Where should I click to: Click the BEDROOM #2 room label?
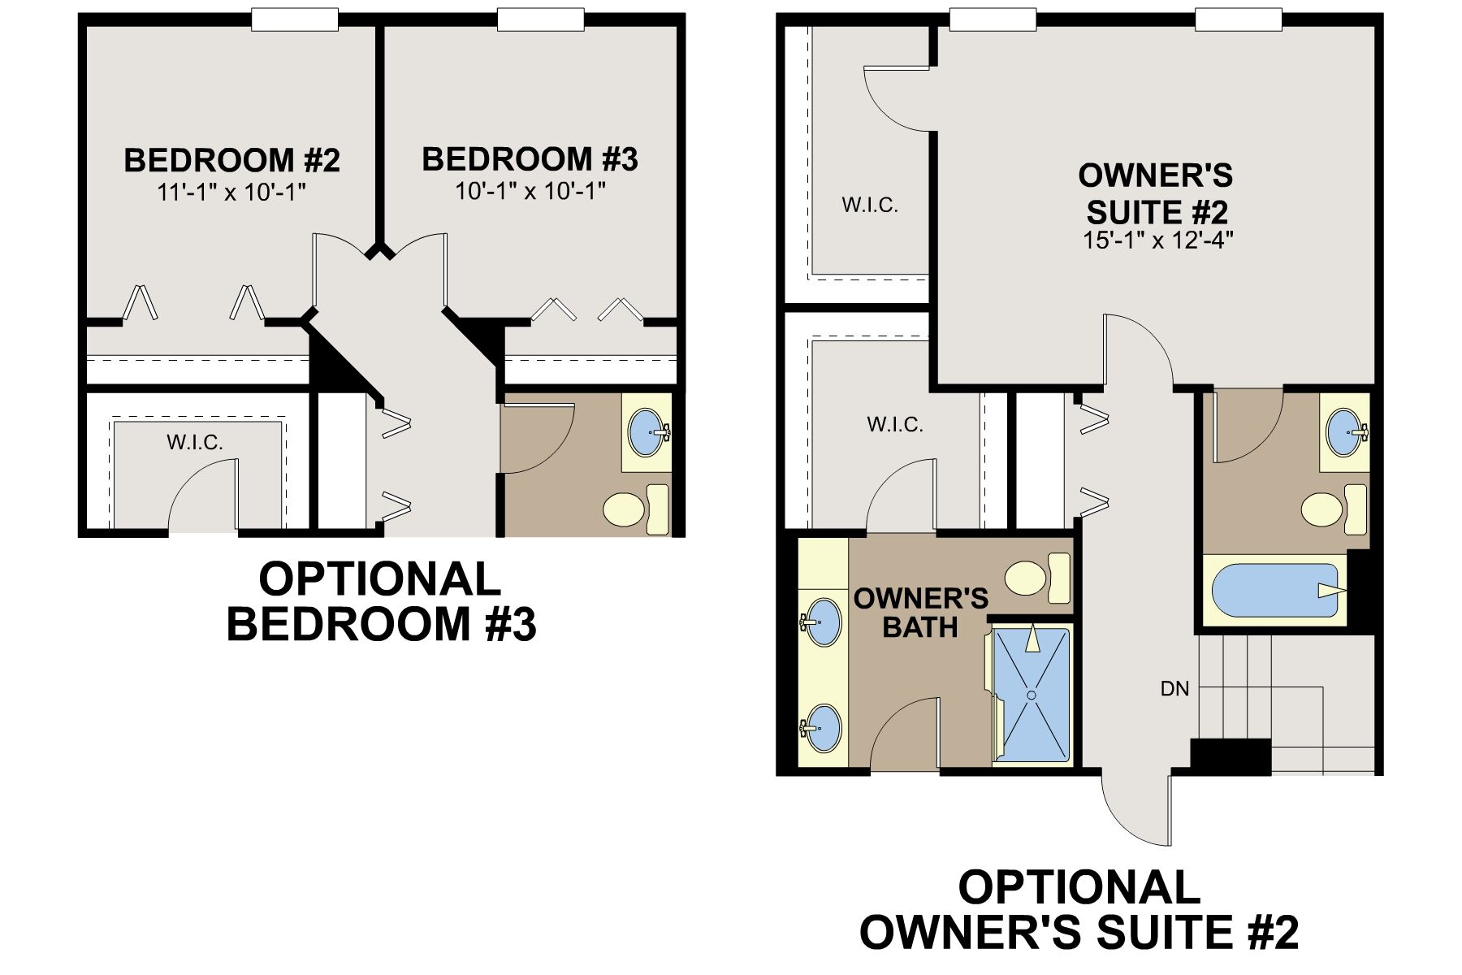pos(231,160)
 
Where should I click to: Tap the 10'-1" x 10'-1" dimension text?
pos(530,192)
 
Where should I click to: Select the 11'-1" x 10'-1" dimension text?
pos(231,193)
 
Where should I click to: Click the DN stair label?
pos(1174,689)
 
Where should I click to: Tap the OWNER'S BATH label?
pos(921,613)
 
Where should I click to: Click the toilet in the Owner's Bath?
pos(1037,578)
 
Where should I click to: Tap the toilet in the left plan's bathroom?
pos(636,509)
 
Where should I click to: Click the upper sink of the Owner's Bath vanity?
pos(821,622)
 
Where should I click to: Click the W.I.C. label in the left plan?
pos(195,442)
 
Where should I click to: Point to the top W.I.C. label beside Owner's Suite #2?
pos(870,205)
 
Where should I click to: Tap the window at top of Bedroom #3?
pos(540,19)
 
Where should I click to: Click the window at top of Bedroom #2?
pos(294,19)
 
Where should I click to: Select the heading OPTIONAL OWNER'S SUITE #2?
pos(1079,909)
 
